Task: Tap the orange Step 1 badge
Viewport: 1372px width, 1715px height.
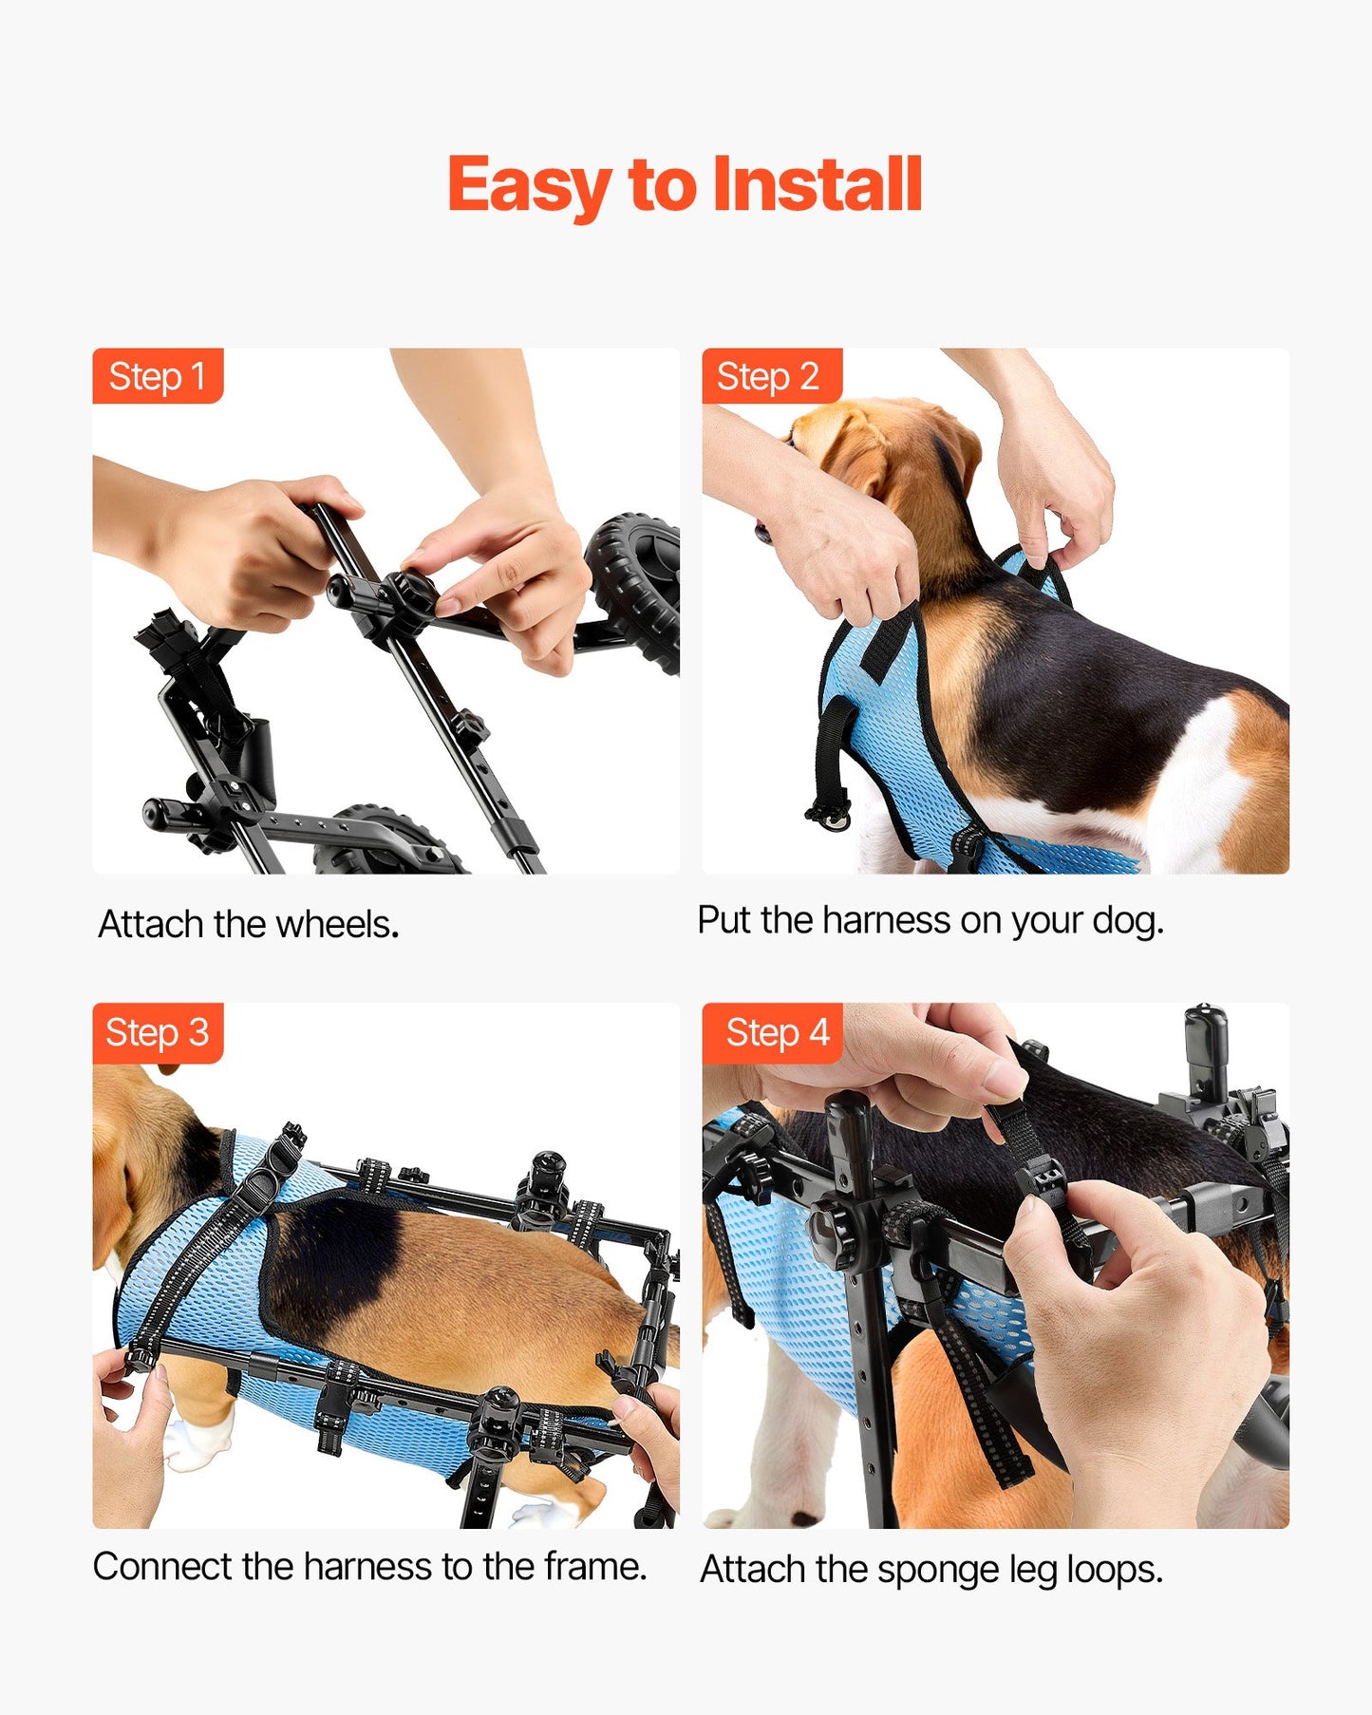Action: point(157,376)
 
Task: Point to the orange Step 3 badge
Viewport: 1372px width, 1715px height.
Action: point(157,1032)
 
